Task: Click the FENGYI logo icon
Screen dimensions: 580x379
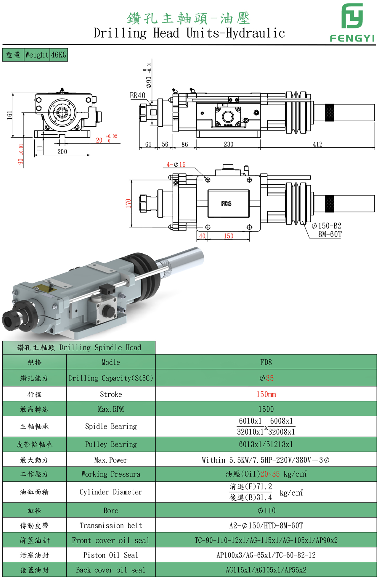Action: pyautogui.click(x=352, y=16)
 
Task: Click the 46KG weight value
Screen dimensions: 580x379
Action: pyautogui.click(x=59, y=55)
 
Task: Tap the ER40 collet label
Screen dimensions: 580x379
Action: pyautogui.click(x=138, y=96)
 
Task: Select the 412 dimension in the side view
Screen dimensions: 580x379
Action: pyautogui.click(x=317, y=144)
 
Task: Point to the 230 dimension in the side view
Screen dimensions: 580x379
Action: pyautogui.click(x=228, y=144)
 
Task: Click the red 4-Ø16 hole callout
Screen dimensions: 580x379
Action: pyautogui.click(x=176, y=165)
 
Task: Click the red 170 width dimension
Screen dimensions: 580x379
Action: pyautogui.click(x=128, y=203)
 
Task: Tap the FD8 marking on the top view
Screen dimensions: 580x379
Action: pyautogui.click(x=226, y=204)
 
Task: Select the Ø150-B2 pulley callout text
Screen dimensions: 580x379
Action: pyautogui.click(x=326, y=226)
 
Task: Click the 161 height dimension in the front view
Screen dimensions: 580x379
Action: pyautogui.click(x=10, y=115)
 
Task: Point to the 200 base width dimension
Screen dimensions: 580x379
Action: pyautogui.click(x=62, y=152)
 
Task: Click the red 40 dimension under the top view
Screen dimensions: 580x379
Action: pyautogui.click(x=202, y=236)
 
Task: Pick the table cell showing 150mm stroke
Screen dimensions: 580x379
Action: pyautogui.click(x=266, y=394)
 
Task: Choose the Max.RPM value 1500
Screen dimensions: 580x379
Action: pyautogui.click(x=266, y=409)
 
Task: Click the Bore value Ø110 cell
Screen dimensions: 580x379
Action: pyautogui.click(x=266, y=511)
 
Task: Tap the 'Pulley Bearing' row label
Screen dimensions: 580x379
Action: pyautogui.click(x=111, y=444)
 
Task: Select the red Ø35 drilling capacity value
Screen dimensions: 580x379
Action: pyautogui.click(x=266, y=378)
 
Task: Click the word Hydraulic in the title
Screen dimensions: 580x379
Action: pyautogui.click(x=255, y=33)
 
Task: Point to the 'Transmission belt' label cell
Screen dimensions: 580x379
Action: pyautogui.click(x=111, y=526)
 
